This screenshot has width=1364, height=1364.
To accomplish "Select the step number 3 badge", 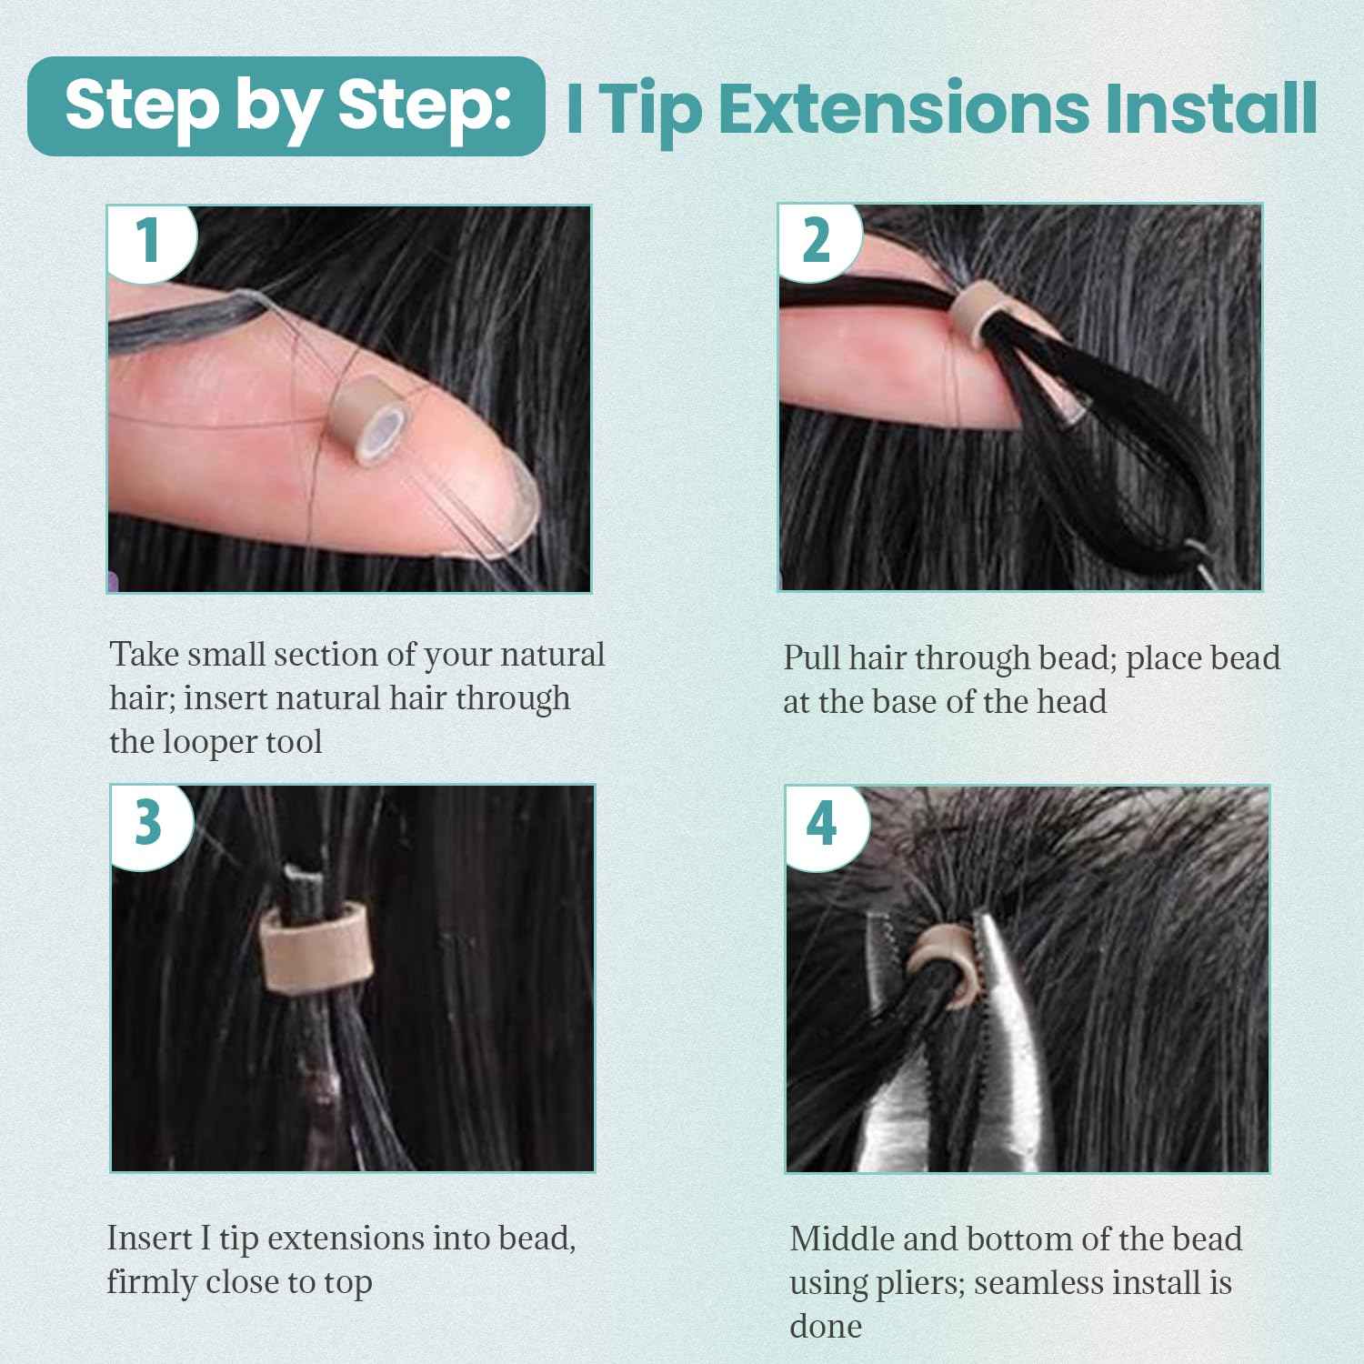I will tap(148, 822).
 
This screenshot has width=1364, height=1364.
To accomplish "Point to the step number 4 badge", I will tap(822, 824).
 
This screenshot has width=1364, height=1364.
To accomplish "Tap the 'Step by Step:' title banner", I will tap(286, 106).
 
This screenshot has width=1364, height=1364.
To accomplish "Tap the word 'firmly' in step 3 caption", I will tap(150, 1282).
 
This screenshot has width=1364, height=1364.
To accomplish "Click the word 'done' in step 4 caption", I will tap(825, 1326).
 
